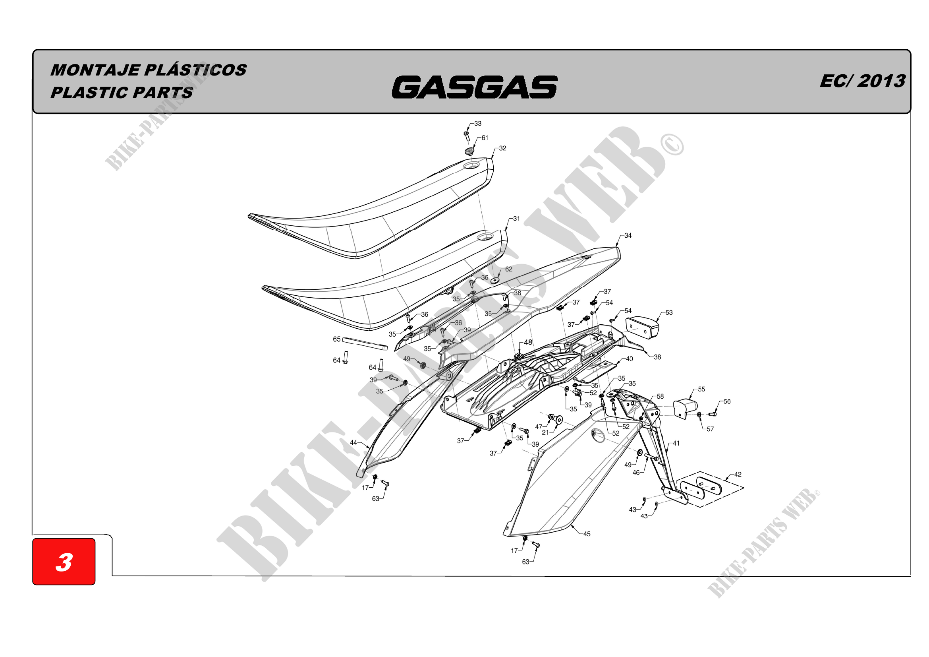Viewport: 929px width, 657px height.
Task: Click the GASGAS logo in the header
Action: click(475, 87)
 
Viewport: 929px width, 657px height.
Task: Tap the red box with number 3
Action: click(64, 562)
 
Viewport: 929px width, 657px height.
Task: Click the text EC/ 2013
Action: click(862, 81)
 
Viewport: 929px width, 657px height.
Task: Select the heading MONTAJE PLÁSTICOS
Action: click(149, 70)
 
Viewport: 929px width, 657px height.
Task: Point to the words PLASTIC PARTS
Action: click(122, 93)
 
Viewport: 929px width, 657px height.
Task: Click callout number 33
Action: click(478, 124)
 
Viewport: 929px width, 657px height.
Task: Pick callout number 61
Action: click(485, 138)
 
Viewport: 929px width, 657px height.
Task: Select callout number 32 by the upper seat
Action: click(502, 148)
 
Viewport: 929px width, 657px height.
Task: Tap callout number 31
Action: click(516, 219)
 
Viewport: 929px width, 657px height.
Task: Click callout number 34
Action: click(628, 235)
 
